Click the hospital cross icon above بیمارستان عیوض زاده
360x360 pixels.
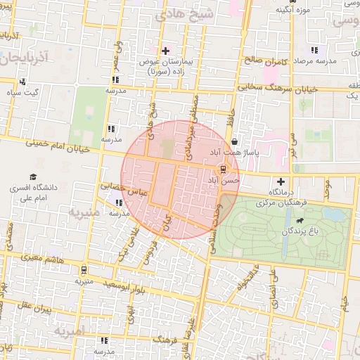point(166,51)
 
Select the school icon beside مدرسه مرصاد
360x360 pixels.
point(314,51)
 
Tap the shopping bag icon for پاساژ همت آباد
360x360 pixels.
point(234,141)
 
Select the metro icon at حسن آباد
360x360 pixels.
point(223,169)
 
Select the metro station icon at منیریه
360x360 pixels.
point(85,270)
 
